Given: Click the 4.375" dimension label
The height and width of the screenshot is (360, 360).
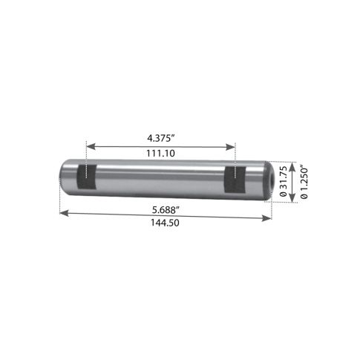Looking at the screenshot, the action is [x=161, y=138].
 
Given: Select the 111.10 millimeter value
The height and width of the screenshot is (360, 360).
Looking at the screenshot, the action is [x=160, y=154].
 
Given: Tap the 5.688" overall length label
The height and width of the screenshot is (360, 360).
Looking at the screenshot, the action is [x=166, y=210].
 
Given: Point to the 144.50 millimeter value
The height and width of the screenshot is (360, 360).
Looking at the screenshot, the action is [x=165, y=223].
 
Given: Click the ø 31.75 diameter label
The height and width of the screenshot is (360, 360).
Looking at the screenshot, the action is [x=284, y=181].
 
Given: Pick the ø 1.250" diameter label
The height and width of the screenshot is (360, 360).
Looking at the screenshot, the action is [x=304, y=183].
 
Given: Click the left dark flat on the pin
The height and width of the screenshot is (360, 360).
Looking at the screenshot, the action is [x=87, y=177].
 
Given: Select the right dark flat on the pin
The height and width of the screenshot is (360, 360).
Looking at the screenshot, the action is [x=235, y=180].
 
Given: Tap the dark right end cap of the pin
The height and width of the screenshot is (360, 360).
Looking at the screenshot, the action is [x=270, y=181].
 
